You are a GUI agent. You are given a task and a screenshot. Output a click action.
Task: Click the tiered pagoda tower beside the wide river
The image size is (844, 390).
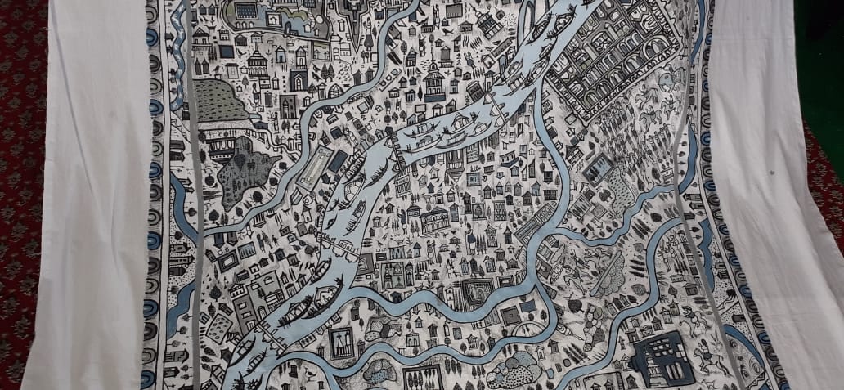(434, 83)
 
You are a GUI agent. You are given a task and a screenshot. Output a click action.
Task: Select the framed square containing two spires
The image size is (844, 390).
(340, 342)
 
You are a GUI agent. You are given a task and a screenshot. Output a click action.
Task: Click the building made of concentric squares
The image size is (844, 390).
(510, 315)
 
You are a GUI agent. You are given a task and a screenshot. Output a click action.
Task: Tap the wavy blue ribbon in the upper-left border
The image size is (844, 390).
(175, 37)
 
